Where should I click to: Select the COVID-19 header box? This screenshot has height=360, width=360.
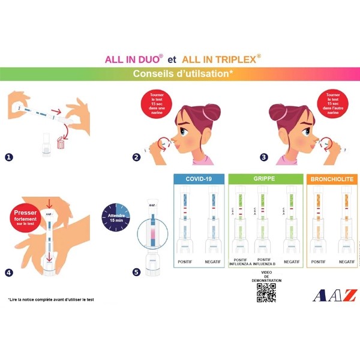(x=199, y=179)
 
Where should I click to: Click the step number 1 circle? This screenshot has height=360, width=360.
(x=9, y=158)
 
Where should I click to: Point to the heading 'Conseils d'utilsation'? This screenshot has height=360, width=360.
(x=181, y=74)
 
